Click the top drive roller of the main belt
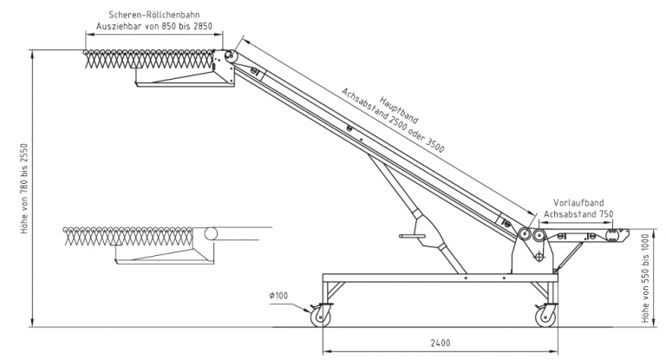(x=232, y=56)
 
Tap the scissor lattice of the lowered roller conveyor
(x=130, y=235)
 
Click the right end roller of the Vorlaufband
(x=618, y=232)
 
